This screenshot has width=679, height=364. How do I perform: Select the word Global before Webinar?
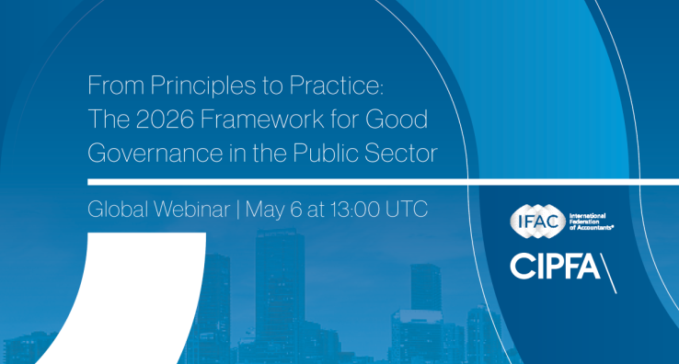118,210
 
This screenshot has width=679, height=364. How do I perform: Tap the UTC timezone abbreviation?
408,210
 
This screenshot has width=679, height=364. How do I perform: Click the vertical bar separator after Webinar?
237,210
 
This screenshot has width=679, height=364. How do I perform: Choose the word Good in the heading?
404,120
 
